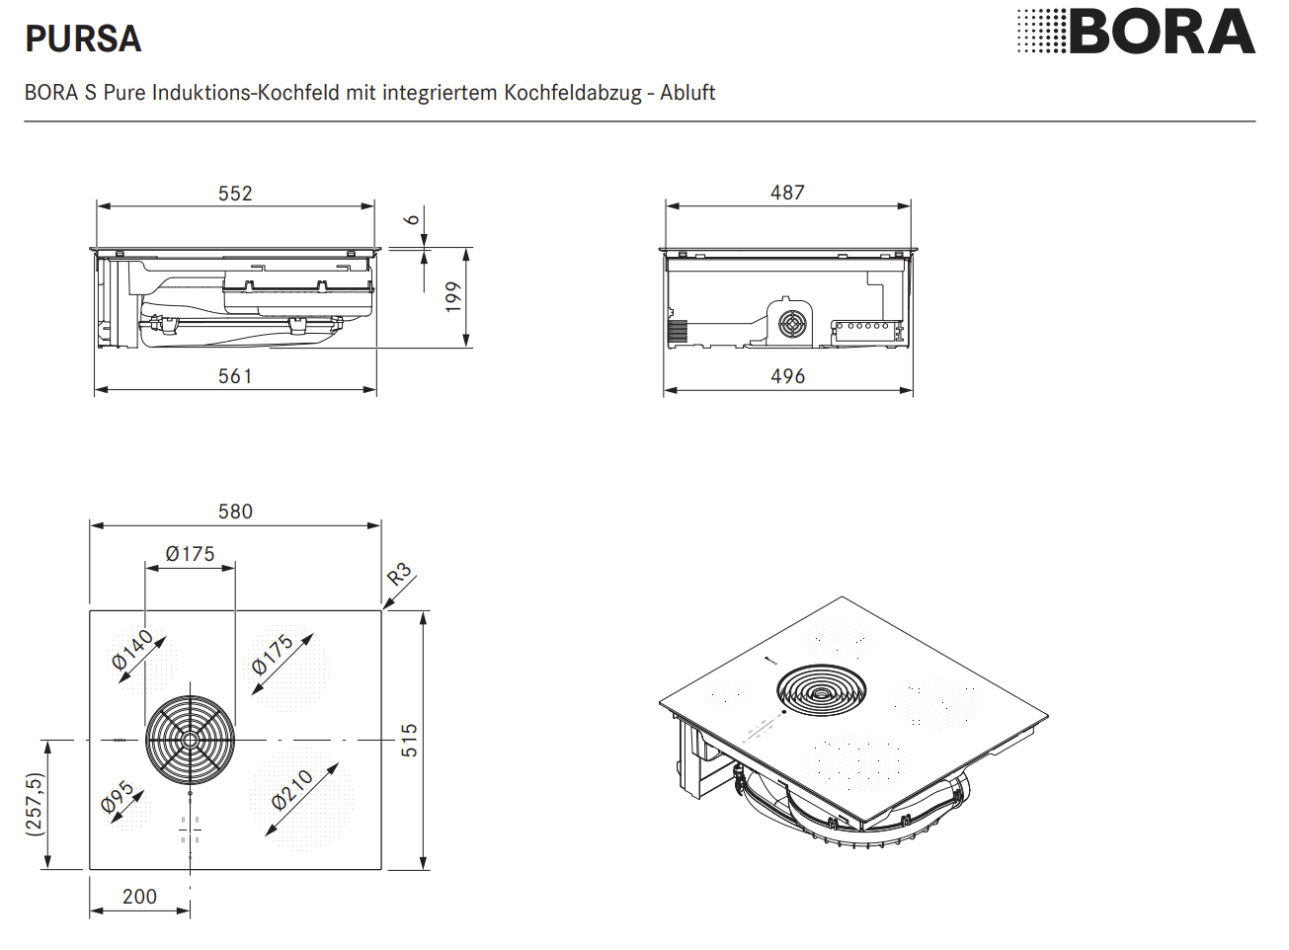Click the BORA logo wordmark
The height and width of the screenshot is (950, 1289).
coord(1162,33)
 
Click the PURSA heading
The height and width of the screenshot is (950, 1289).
coord(83,40)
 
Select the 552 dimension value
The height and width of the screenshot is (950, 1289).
coord(235,194)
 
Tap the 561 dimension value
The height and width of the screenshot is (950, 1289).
coord(235,376)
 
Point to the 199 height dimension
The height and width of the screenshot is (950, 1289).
coord(454,297)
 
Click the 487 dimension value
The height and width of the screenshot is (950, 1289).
coord(788,193)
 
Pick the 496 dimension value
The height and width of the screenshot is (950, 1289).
coord(788,376)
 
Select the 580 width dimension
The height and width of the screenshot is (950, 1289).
coord(235,512)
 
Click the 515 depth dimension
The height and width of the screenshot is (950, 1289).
coord(409,741)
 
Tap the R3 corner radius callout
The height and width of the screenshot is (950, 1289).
coord(399,574)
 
